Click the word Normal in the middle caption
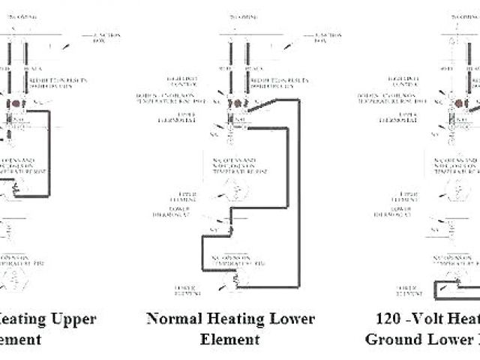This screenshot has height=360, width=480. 171,319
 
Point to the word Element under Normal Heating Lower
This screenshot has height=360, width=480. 229,339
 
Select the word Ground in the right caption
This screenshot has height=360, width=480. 391,339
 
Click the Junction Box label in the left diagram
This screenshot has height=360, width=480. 106,38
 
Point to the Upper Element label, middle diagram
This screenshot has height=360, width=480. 183,199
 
